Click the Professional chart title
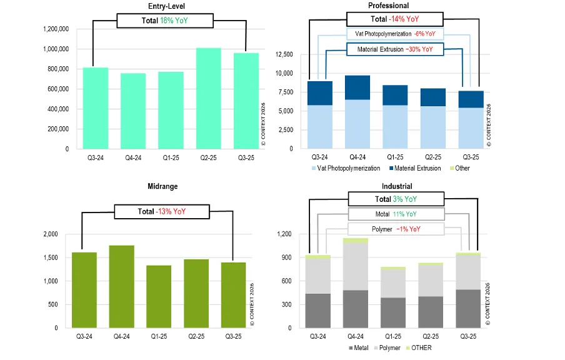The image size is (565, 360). click(x=389, y=6)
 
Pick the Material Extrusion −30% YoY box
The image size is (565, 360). click(x=395, y=49)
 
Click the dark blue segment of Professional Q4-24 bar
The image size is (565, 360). click(x=357, y=87)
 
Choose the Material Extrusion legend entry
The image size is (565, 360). click(x=414, y=168)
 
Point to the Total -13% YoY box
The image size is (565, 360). click(x=161, y=211)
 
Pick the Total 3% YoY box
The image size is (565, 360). click(x=395, y=199)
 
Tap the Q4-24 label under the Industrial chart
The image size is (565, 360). click(x=356, y=337)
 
